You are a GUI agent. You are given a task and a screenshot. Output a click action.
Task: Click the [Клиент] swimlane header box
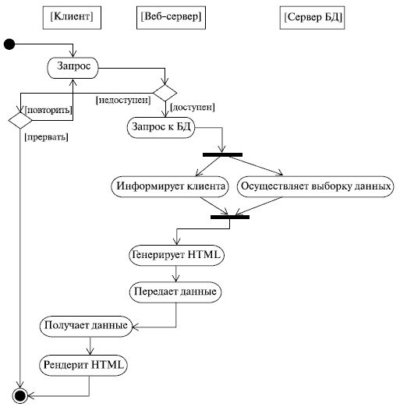74,16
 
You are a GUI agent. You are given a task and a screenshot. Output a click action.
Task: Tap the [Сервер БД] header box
313,16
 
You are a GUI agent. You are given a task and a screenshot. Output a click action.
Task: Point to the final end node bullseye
19,395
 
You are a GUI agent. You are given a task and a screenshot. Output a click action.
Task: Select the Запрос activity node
73,68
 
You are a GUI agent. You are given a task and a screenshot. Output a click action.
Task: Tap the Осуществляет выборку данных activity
316,187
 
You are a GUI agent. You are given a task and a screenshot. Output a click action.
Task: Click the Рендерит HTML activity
84,363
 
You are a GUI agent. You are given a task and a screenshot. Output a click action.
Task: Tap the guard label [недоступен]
122,99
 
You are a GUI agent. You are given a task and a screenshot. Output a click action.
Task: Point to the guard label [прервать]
46,137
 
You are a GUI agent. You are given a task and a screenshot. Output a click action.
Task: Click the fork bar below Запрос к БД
222,154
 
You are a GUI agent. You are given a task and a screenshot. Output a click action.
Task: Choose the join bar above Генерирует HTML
230,216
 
